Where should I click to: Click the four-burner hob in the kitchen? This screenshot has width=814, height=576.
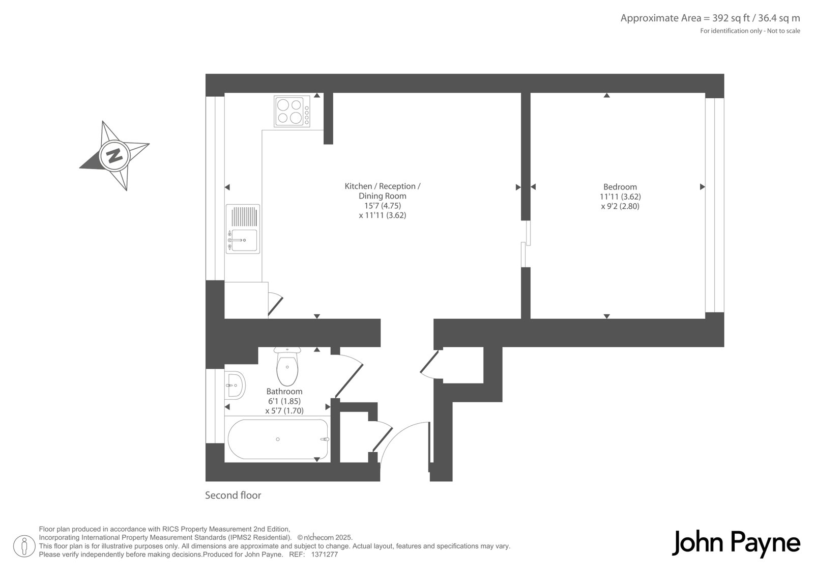(292, 111)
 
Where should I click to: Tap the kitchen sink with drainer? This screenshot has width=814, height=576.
(243, 229)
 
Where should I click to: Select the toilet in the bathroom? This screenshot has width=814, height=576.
(287, 366)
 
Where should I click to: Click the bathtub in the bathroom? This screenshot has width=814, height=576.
(278, 439)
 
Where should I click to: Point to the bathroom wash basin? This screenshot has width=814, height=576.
(235, 386)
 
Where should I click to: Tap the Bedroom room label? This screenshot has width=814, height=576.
(620, 187)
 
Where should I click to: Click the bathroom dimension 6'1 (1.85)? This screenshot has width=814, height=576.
(284, 401)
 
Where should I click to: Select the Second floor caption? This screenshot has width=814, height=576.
(233, 495)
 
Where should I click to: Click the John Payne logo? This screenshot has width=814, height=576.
(736, 543)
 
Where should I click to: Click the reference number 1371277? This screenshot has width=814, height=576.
(325, 555)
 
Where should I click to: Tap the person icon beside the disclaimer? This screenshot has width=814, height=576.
(24, 546)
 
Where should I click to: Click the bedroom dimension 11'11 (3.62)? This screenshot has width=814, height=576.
(620, 197)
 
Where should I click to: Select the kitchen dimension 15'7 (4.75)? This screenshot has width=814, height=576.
(383, 206)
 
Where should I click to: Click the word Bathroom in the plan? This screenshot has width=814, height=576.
(284, 391)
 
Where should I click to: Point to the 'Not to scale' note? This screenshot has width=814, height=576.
(783, 31)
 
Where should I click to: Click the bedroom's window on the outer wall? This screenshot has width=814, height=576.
(714, 205)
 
